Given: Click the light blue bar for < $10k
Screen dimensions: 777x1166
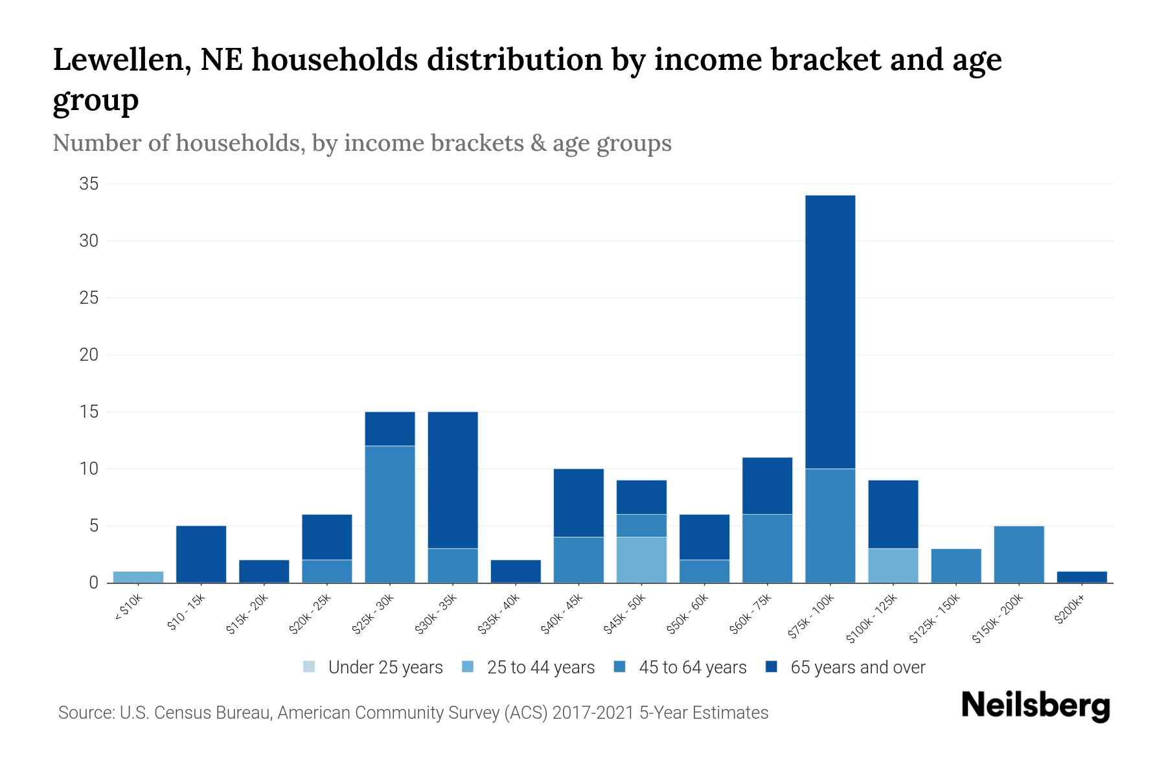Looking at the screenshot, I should [138, 577].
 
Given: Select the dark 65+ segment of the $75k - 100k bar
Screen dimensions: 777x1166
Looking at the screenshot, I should [830, 332].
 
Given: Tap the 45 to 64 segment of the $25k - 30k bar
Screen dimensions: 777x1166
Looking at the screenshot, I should [390, 514].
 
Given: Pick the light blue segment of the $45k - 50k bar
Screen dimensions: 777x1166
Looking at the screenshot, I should [641, 559].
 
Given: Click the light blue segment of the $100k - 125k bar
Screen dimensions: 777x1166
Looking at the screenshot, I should [893, 565].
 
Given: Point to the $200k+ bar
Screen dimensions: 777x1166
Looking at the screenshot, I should [1081, 577].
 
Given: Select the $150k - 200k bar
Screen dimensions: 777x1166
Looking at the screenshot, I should [1018, 554].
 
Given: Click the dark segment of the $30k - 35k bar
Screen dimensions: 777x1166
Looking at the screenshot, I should [453, 480].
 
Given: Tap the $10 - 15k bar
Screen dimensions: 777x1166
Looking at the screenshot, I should [201, 554].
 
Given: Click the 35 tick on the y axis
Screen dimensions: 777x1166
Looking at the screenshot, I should [89, 184].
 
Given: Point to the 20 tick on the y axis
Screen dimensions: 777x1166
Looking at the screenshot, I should [89, 355].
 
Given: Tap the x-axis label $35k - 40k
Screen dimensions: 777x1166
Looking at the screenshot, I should [499, 614].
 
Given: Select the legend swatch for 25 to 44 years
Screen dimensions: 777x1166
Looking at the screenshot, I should [468, 667].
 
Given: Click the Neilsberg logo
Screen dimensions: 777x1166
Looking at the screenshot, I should [1035, 706].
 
